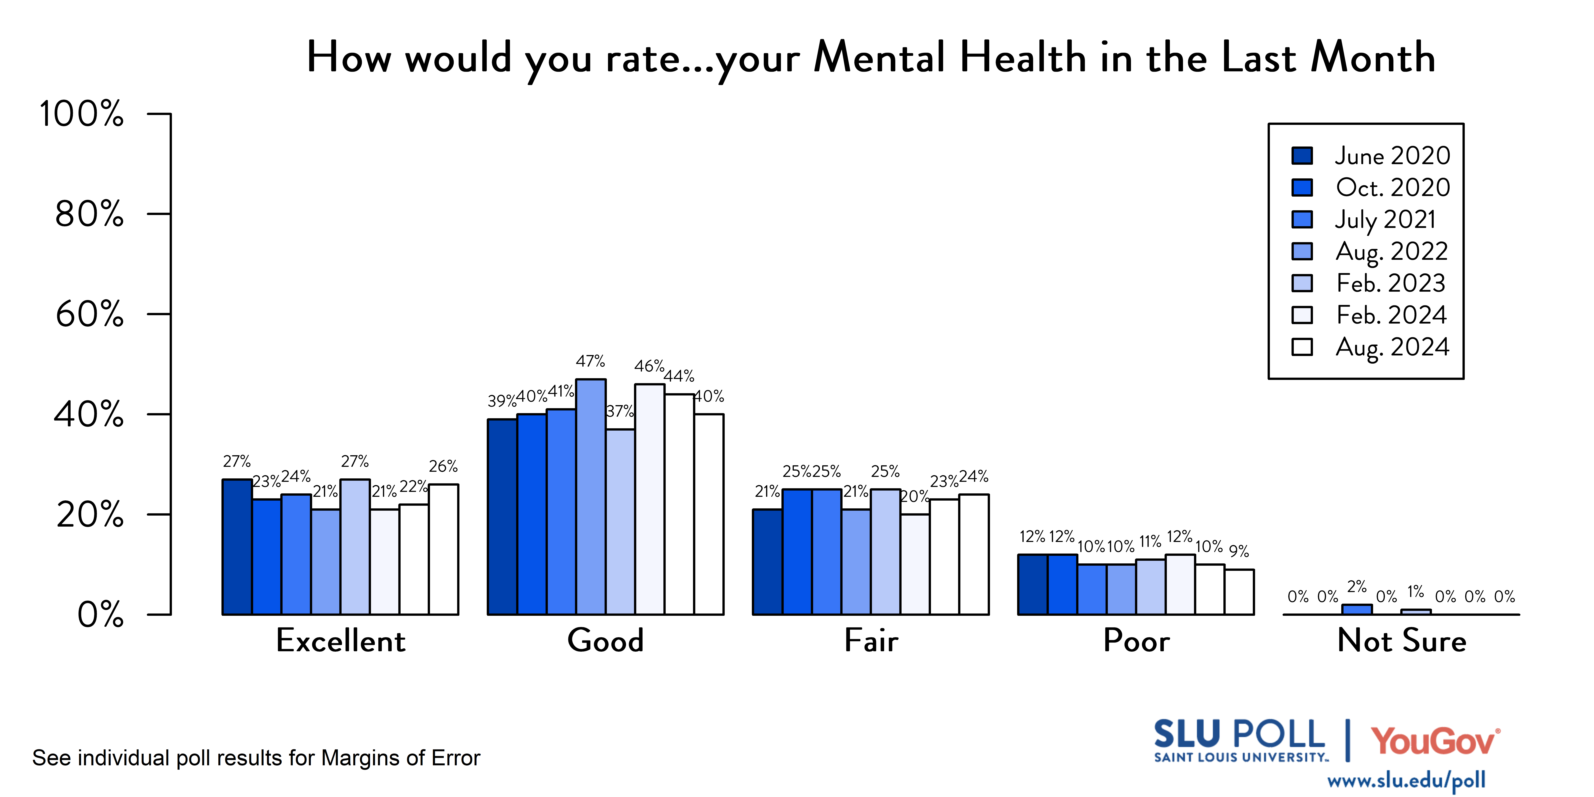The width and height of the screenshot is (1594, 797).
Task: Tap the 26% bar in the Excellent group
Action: click(x=444, y=550)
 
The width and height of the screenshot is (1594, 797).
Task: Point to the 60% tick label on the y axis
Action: click(x=90, y=314)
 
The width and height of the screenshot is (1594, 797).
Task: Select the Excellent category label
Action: click(x=341, y=640)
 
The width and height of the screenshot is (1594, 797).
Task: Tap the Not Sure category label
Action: click(x=1402, y=640)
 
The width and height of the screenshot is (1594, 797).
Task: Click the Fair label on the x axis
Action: click(x=871, y=640)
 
